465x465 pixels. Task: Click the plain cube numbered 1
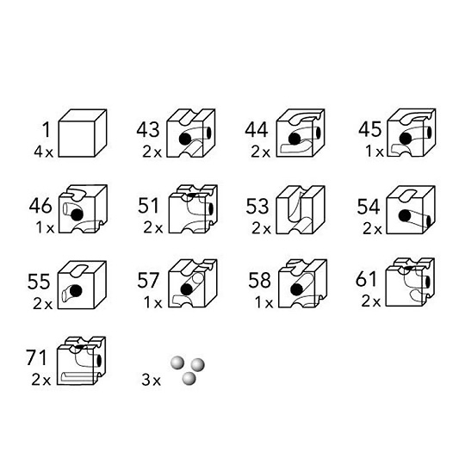[82, 133]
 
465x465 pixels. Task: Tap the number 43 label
[148, 129]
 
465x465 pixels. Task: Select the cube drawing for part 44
[301, 133]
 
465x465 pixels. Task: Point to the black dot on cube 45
[406, 139]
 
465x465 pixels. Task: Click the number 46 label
[40, 206]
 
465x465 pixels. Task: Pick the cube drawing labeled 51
[193, 208]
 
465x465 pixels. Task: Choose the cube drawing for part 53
[301, 209]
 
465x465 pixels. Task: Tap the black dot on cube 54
[405, 215]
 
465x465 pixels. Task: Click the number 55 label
[39, 282]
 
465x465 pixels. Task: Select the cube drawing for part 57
[193, 283]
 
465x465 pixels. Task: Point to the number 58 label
[259, 280]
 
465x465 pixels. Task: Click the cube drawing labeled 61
[410, 282]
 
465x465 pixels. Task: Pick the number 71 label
[36, 357]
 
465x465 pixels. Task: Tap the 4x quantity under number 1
[43, 152]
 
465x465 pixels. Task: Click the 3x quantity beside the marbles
[151, 380]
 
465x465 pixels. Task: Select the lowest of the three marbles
[189, 379]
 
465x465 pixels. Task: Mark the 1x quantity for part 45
[375, 152]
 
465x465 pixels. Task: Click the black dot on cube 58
[296, 289]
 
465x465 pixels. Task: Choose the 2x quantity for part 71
[41, 380]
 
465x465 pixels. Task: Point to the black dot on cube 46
[77, 214]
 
